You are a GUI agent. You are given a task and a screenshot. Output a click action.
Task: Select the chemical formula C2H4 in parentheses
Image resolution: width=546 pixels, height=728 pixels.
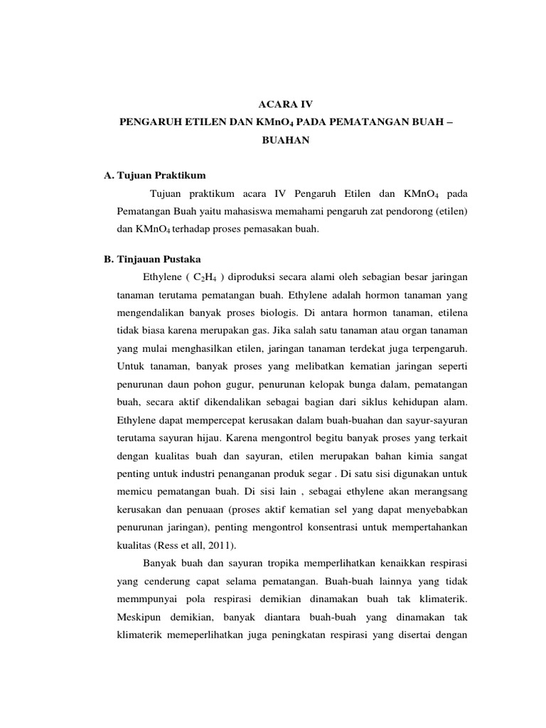point(197,277)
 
